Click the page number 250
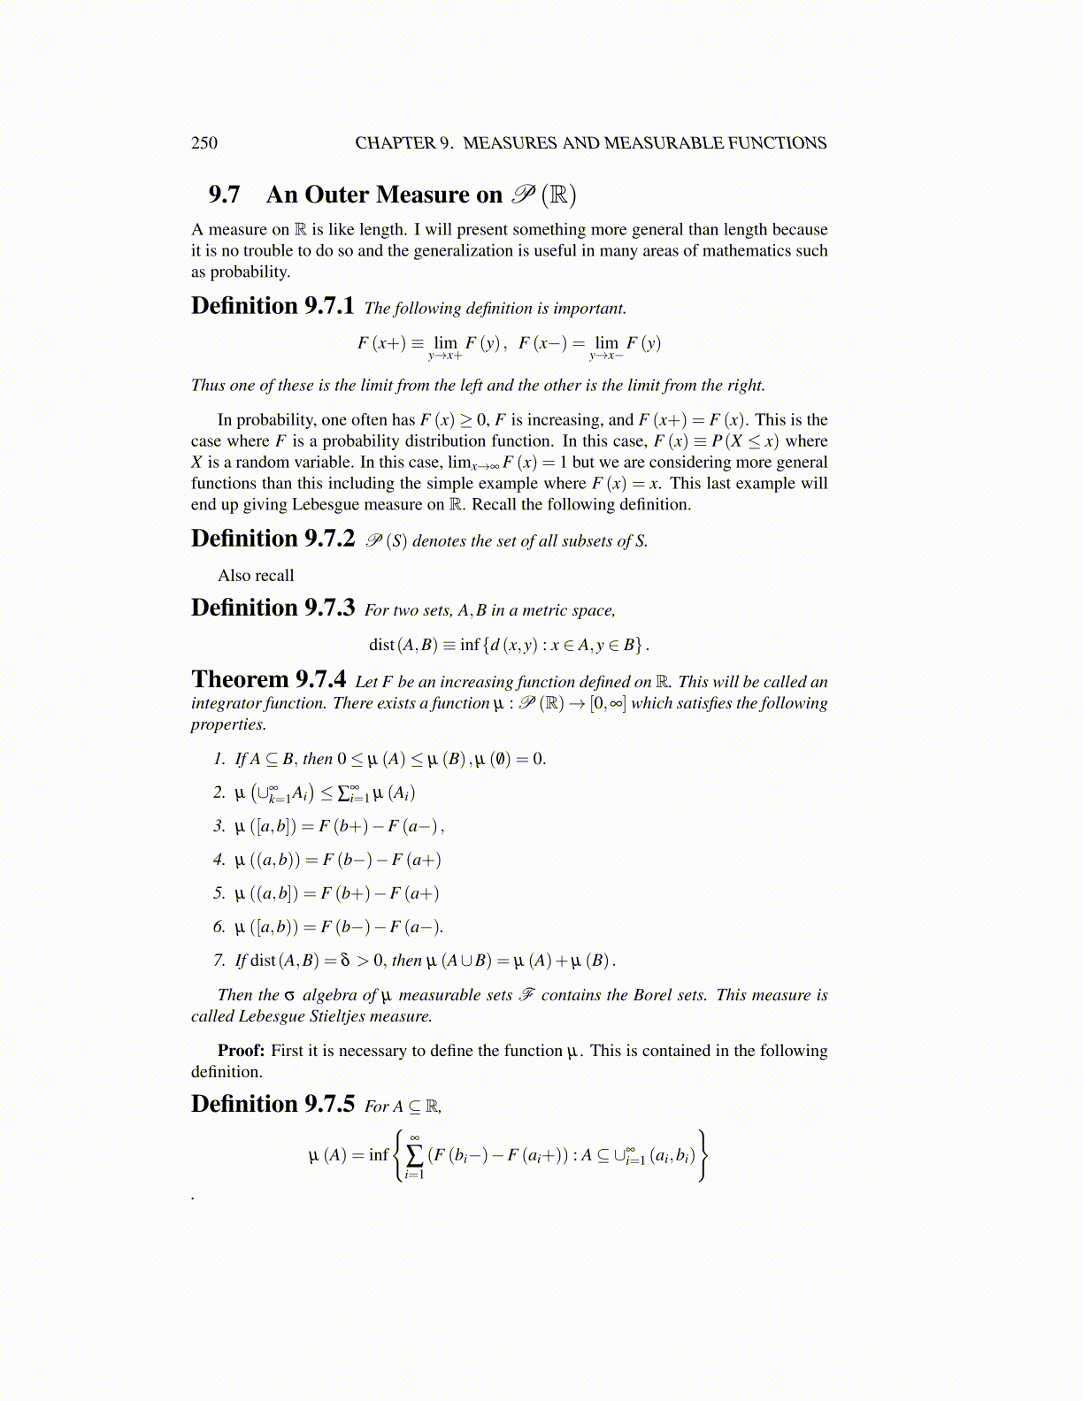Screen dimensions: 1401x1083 [x=204, y=143]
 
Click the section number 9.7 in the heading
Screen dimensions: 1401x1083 [x=224, y=195]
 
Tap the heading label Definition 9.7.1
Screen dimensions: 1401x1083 [x=273, y=306]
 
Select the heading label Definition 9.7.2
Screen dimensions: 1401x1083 [x=273, y=539]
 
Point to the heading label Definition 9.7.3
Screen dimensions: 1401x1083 [x=273, y=608]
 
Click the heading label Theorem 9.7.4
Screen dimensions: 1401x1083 [x=269, y=679]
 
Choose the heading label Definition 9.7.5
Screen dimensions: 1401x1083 [x=273, y=1104]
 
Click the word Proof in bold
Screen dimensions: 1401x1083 [x=241, y=1051]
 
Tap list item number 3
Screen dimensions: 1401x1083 [x=219, y=826]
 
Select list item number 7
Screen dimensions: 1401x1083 [x=219, y=960]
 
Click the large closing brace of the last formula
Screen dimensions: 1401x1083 [x=703, y=1155]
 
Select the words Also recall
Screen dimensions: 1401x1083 [x=256, y=576]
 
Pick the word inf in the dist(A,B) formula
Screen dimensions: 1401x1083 [x=470, y=645]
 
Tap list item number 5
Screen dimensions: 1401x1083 [x=219, y=893]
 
